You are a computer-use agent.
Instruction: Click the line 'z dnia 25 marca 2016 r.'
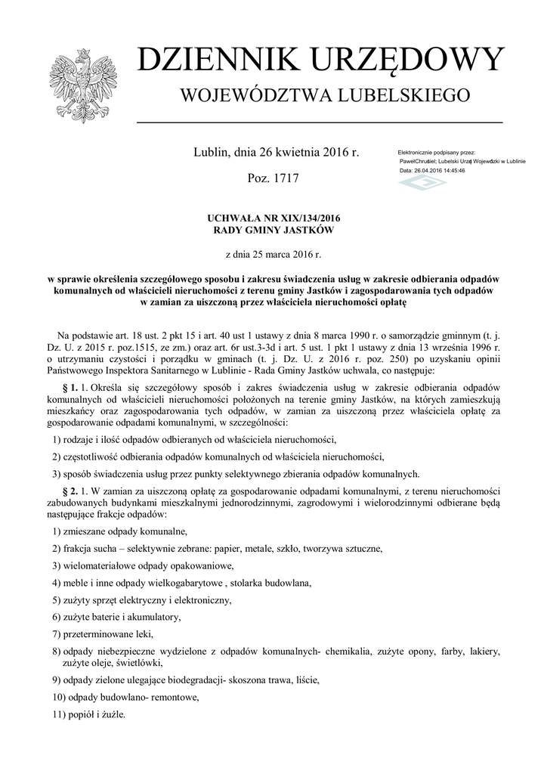273,254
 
